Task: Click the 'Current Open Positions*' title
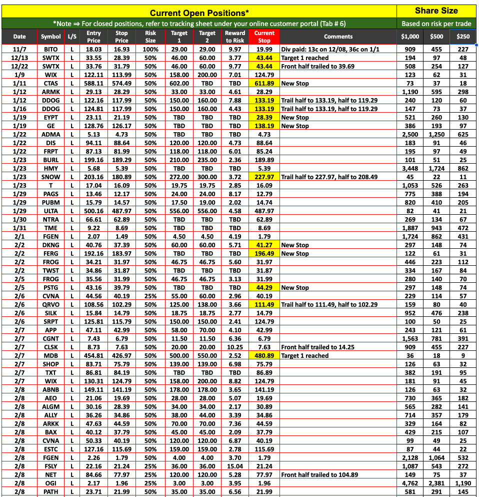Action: tap(199, 12)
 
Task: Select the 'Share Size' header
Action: tap(436, 11)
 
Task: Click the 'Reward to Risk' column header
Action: tap(235, 37)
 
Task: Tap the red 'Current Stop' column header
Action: tap(264, 37)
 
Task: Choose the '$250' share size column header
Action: tap(463, 37)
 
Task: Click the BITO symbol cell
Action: tap(51, 50)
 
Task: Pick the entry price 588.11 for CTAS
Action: tap(93, 84)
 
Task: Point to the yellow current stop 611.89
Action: tap(264, 84)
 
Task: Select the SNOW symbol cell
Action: tap(51, 177)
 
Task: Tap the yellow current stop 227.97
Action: tap(264, 177)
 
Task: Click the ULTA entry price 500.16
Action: tap(93, 211)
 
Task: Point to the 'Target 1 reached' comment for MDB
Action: tap(305, 356)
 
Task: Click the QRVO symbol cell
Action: tap(51, 305)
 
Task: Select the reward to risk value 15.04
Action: tap(235, 466)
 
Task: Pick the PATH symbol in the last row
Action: tap(51, 492)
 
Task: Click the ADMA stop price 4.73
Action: tap(121, 135)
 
